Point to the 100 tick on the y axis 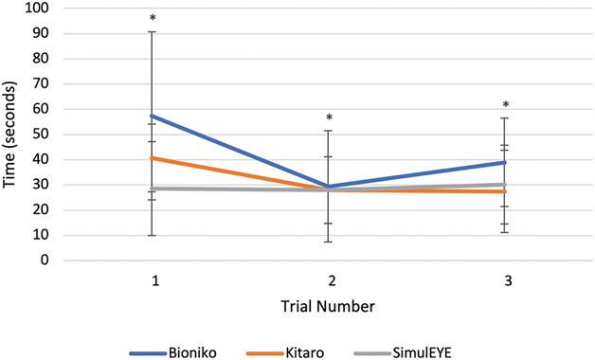click(x=43, y=8)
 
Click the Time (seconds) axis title click(x=13, y=135)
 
